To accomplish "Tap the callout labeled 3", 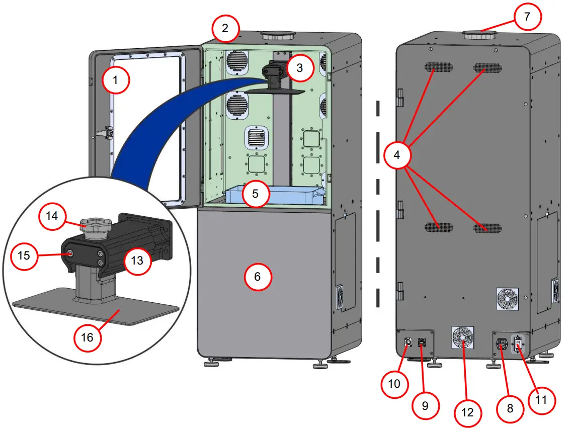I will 299,68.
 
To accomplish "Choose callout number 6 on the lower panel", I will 258,276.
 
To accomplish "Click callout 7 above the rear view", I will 526,17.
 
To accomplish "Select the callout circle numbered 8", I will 510,408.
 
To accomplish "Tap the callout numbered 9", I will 425,405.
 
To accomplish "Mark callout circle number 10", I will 394,384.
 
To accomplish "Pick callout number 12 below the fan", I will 467,412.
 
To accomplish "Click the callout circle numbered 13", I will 137,261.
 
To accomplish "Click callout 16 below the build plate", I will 88,337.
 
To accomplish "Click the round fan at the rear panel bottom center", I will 462,336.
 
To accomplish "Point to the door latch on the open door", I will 105,133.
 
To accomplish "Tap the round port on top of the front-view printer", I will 277,36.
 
